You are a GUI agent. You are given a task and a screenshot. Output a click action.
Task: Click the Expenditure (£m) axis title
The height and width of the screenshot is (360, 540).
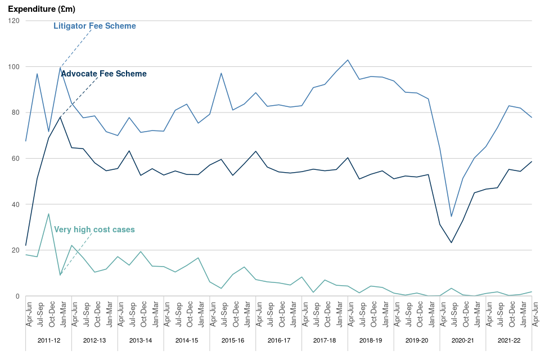pos(42,10)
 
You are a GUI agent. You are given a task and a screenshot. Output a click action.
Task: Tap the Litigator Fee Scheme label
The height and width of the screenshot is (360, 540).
pos(94,26)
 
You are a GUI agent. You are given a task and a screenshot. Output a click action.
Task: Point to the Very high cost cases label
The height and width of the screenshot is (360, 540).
pos(94,229)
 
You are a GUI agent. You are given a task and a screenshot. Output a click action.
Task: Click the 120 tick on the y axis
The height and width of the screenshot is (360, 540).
pos(14,21)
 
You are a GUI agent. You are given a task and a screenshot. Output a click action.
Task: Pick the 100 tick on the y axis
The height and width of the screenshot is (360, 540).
pos(14,67)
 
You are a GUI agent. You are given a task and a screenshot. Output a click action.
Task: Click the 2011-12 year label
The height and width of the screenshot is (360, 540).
pos(48,340)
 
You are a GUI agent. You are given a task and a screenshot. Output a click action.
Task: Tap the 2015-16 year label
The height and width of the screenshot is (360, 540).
pos(233,340)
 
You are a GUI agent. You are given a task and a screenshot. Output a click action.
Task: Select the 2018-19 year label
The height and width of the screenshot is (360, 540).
pos(371,340)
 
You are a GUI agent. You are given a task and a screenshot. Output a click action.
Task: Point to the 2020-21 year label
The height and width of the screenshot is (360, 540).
pos(463,340)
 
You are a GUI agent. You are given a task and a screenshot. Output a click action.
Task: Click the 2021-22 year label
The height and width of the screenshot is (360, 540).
pos(509,340)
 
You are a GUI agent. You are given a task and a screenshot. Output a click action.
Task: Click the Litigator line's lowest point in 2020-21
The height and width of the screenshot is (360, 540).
pos(451,217)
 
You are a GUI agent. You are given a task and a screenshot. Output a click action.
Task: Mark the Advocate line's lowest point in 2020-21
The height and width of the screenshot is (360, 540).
pos(451,243)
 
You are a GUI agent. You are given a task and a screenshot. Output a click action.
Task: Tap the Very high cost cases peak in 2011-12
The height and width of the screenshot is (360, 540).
pos(49,214)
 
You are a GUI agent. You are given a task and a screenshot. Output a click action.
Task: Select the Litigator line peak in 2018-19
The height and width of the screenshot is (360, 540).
pos(348,60)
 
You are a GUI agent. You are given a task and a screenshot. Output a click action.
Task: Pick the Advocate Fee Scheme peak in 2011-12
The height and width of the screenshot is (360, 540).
pos(60,117)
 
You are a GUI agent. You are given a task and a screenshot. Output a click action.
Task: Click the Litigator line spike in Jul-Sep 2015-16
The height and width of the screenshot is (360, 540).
pos(222,73)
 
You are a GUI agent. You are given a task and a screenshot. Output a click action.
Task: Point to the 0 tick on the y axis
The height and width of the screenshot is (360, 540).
pos(17,296)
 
